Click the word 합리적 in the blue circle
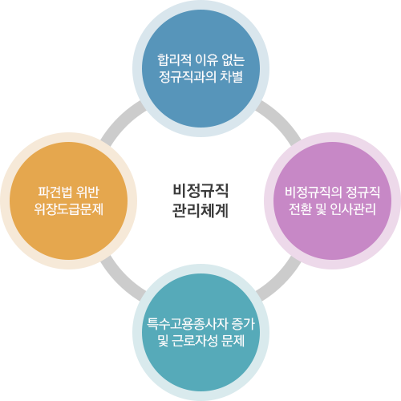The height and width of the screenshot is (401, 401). pos(174,59)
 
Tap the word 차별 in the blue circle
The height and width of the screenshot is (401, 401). pos(231,77)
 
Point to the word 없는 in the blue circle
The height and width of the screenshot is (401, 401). pos(233,59)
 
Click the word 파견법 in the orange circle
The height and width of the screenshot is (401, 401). pos(55,192)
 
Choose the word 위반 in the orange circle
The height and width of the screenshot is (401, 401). pos(87,192)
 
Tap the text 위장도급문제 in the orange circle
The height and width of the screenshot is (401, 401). pos(69,209)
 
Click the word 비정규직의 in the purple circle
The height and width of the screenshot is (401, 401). pos(314,192)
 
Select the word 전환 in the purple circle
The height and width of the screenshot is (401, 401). pos(300,209)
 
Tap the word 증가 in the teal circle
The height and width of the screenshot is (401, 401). pos(243,324)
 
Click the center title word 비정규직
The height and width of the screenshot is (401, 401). pos(200,191)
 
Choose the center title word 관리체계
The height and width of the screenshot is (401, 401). pos(200,211)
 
